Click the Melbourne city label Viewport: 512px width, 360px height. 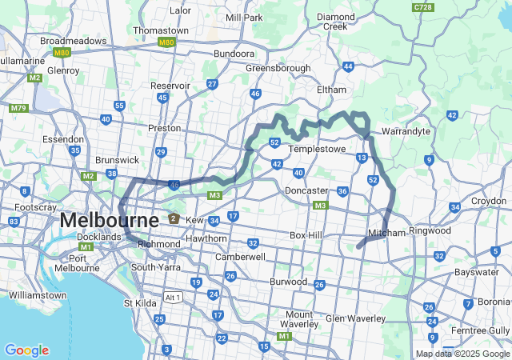pyautogui.click(x=109, y=220)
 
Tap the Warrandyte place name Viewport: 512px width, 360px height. pyautogui.click(x=406, y=130)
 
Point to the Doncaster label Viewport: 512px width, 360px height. pyautogui.click(x=306, y=190)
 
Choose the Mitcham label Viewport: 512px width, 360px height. pyautogui.click(x=386, y=233)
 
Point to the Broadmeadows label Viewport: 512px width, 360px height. pyautogui.click(x=73, y=40)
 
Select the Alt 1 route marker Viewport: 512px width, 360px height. pyautogui.click(x=173, y=297)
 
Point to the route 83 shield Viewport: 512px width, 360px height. pyautogui.click(x=14, y=222)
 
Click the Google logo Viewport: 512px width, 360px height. pyautogui.click(x=26, y=350)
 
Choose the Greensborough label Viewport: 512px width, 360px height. pyautogui.click(x=278, y=68)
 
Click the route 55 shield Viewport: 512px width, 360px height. pyautogui.click(x=119, y=106)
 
